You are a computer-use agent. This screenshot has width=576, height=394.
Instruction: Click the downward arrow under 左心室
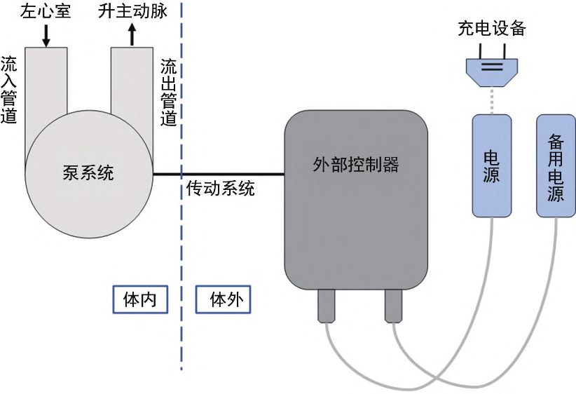46,35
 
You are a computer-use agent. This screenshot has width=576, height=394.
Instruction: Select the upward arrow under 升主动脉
131,35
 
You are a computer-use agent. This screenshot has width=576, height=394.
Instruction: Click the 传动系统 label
220,189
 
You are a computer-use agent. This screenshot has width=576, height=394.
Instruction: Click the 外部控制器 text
355,164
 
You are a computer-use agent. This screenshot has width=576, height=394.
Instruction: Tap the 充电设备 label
491,29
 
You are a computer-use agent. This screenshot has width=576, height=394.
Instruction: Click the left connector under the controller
327,306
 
